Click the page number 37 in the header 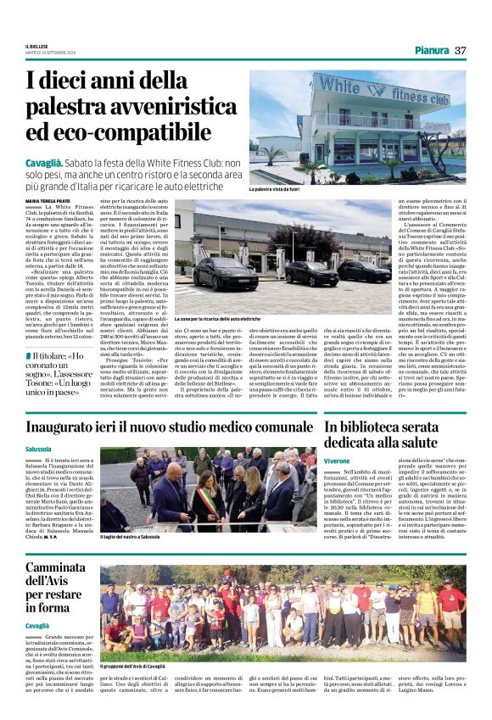tap(460, 51)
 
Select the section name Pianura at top tap(432, 51)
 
